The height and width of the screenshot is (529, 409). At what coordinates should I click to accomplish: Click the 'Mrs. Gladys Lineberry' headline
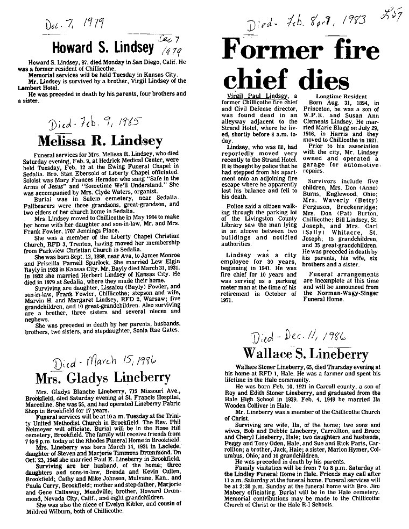point(103,378)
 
